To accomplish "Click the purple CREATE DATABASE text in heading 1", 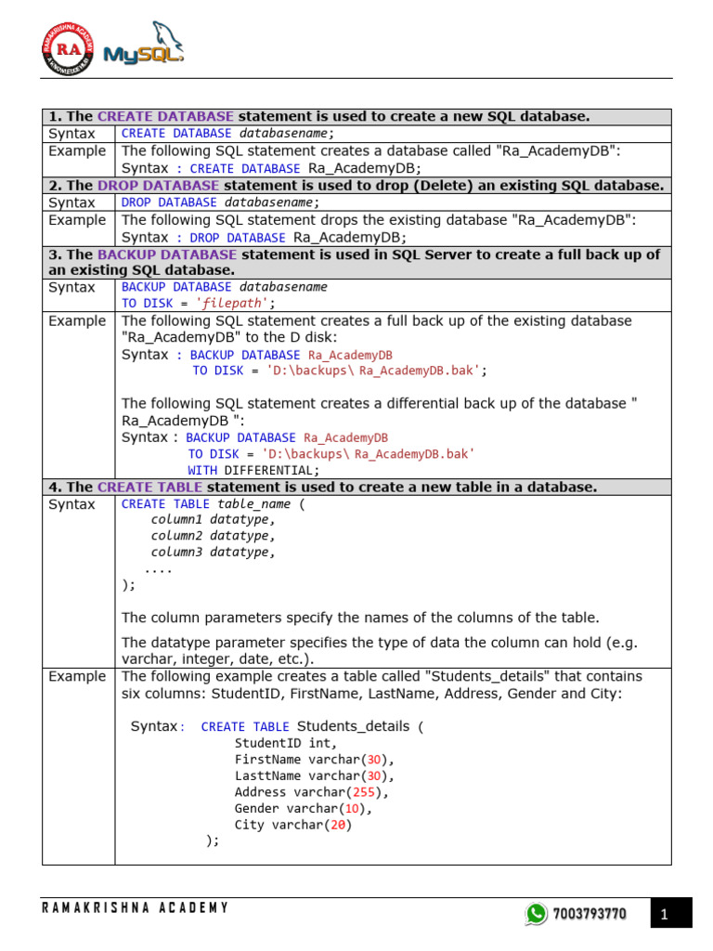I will [165, 117].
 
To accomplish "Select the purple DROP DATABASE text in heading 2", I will [157, 186].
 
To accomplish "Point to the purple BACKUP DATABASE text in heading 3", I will [166, 254].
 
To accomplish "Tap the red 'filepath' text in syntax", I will [238, 303].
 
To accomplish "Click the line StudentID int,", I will [286, 743].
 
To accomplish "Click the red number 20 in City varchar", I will [337, 825].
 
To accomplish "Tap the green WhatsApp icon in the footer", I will [536, 915].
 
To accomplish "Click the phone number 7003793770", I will [589, 915].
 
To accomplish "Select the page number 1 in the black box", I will [665, 915].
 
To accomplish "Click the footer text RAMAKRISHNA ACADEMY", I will [135, 907].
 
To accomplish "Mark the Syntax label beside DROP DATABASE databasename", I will [71, 202].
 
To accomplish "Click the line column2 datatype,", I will [214, 536].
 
